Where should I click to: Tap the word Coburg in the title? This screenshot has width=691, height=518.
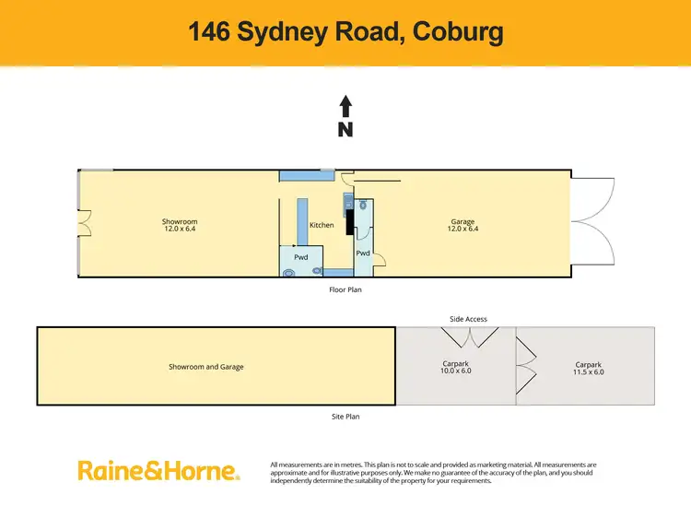tap(458, 32)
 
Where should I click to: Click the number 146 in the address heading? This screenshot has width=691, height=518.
tap(211, 32)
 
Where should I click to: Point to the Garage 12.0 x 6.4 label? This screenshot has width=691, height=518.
tap(463, 225)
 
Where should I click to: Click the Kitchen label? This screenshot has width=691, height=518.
tap(322, 225)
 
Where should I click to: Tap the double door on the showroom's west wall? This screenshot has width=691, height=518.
tap(84, 224)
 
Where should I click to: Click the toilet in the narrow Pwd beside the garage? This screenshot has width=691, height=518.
tap(365, 207)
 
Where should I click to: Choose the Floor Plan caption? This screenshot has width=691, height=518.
tap(345, 289)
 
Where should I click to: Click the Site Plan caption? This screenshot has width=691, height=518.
tap(345, 417)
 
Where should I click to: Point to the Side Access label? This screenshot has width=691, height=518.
tap(468, 319)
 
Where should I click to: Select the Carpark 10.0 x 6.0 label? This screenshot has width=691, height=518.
tap(456, 368)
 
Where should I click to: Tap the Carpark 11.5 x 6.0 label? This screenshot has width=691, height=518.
tap(590, 369)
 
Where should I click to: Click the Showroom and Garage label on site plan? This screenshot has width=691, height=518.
tap(205, 367)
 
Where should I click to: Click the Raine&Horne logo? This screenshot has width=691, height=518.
tap(158, 471)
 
